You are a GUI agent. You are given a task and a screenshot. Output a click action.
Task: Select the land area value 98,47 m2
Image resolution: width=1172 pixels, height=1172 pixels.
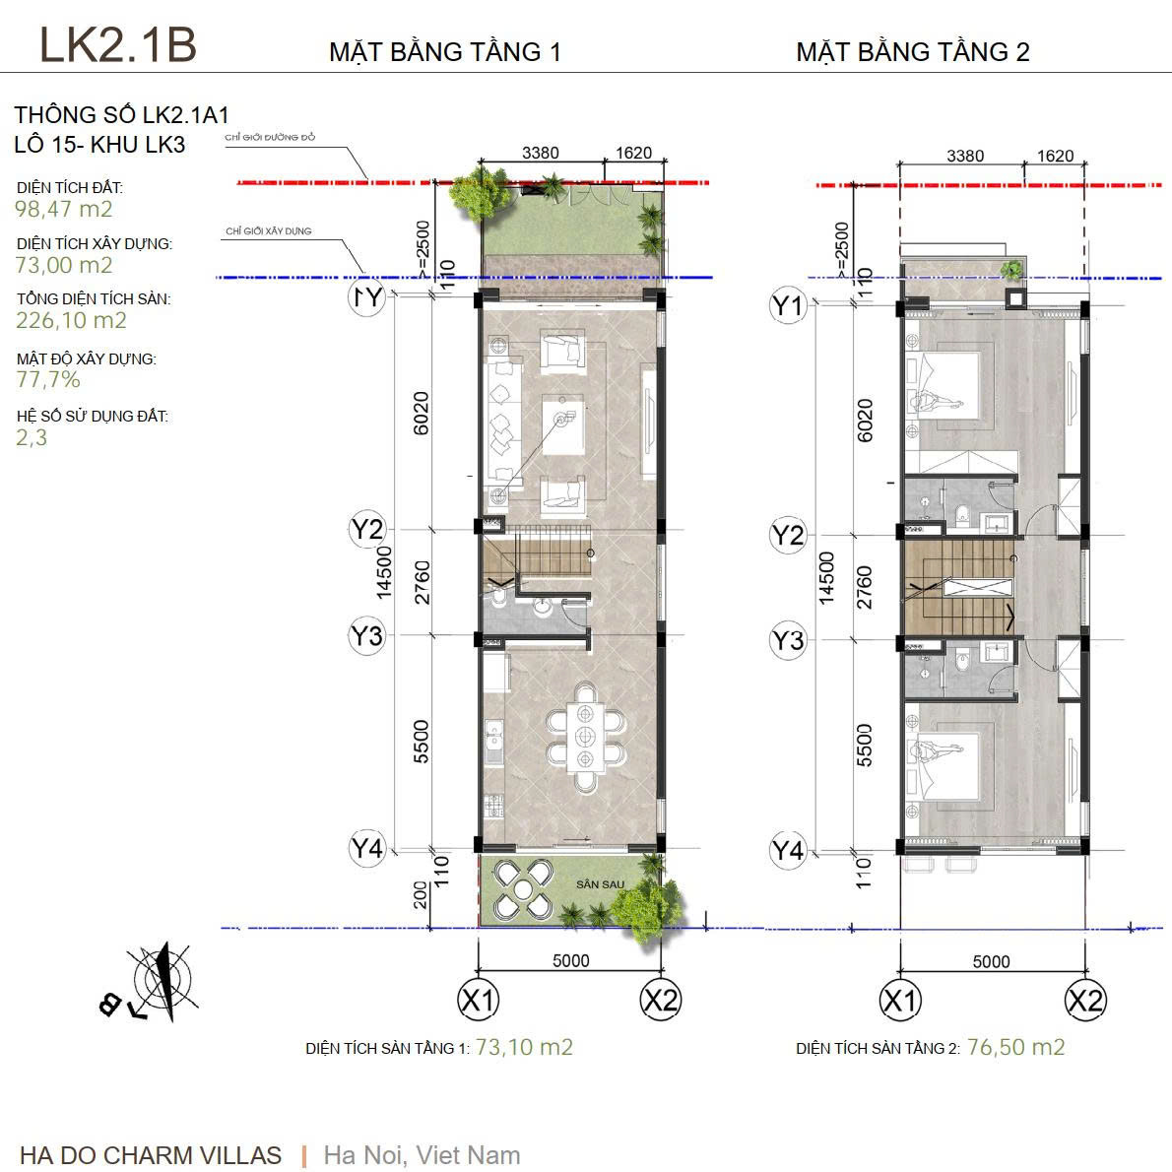64,209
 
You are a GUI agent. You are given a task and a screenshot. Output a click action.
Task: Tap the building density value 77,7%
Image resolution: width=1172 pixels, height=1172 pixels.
48,380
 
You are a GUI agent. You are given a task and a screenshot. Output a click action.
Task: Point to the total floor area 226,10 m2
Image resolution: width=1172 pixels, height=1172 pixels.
71,320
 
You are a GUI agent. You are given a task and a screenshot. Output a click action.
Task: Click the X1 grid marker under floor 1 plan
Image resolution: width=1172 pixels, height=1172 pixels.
479,1001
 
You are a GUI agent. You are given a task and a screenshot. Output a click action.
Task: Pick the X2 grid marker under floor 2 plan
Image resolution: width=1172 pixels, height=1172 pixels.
1084,1001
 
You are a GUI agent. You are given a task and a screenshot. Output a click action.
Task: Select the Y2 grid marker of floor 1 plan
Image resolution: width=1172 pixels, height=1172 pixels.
366,530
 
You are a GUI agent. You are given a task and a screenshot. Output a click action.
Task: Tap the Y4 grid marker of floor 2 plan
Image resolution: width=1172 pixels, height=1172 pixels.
787,849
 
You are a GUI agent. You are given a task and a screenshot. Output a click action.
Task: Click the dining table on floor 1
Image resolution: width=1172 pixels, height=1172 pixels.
586,737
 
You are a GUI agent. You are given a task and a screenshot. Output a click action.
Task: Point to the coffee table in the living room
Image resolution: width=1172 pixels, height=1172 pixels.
561,423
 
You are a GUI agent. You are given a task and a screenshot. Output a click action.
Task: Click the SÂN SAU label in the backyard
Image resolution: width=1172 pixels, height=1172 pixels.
597,884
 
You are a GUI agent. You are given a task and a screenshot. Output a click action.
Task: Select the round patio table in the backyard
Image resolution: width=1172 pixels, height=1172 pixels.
522,889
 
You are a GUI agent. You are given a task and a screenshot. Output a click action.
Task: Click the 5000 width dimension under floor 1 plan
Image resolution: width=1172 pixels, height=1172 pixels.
570,961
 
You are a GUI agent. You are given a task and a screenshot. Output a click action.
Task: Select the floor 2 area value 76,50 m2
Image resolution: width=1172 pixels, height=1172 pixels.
1015,1047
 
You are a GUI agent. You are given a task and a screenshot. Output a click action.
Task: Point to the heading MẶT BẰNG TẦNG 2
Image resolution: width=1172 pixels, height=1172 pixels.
912,52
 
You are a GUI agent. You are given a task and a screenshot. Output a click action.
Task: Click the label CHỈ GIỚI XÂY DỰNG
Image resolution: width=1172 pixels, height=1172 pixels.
268,231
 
